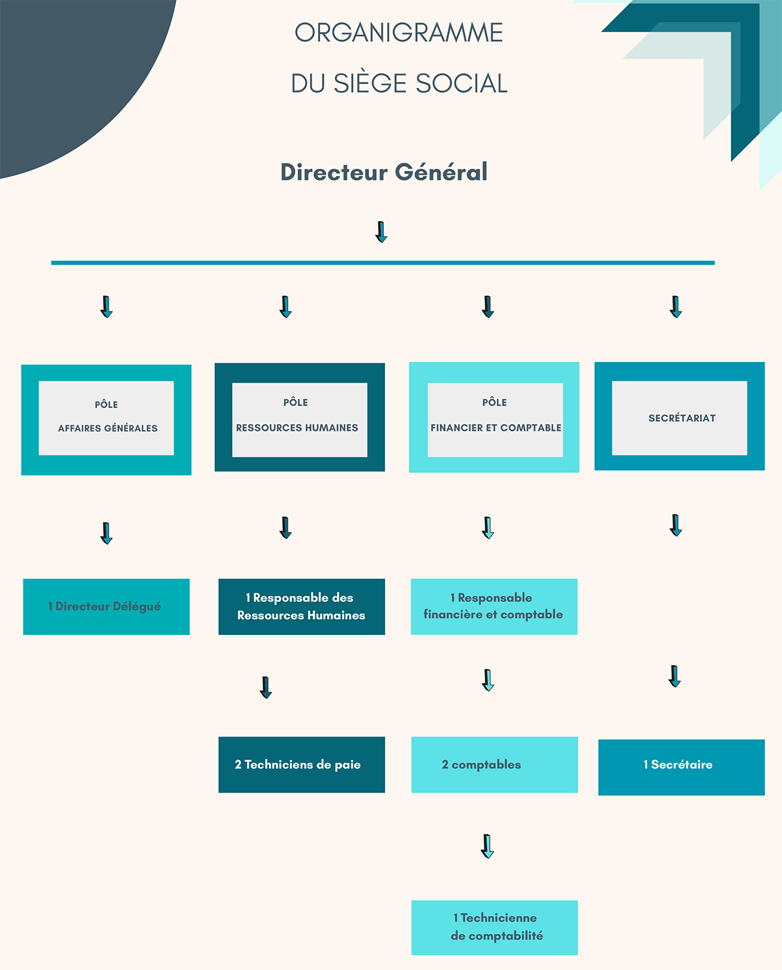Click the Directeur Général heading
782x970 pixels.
pyautogui.click(x=384, y=172)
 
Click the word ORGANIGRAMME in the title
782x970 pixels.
pyautogui.click(x=399, y=33)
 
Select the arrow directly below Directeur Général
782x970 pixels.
pyautogui.click(x=381, y=231)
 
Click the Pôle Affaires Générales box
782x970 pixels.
pyautogui.click(x=106, y=419)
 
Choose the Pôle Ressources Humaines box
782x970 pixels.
pyautogui.click(x=300, y=417)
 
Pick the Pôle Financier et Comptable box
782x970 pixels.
pyautogui.click(x=494, y=417)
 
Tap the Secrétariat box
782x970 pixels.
pyautogui.click(x=680, y=417)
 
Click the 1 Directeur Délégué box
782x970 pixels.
pyautogui.click(x=106, y=606)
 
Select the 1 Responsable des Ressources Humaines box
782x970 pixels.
pyautogui.click(x=302, y=606)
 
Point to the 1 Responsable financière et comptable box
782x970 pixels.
pyautogui.click(x=494, y=606)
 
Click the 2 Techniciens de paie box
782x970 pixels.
pyautogui.click(x=302, y=765)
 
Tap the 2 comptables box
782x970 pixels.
pyautogui.click(x=495, y=765)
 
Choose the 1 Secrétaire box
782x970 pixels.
pyautogui.click(x=681, y=767)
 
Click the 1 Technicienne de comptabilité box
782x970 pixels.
pyautogui.click(x=495, y=927)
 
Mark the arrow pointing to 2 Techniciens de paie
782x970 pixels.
pyautogui.click(x=265, y=687)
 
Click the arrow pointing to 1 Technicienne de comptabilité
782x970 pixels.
pyautogui.click(x=487, y=846)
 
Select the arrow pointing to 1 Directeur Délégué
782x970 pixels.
pyautogui.click(x=107, y=533)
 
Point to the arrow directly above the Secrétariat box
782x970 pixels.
pyautogui.click(x=676, y=306)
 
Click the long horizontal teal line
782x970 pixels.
pyautogui.click(x=383, y=263)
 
